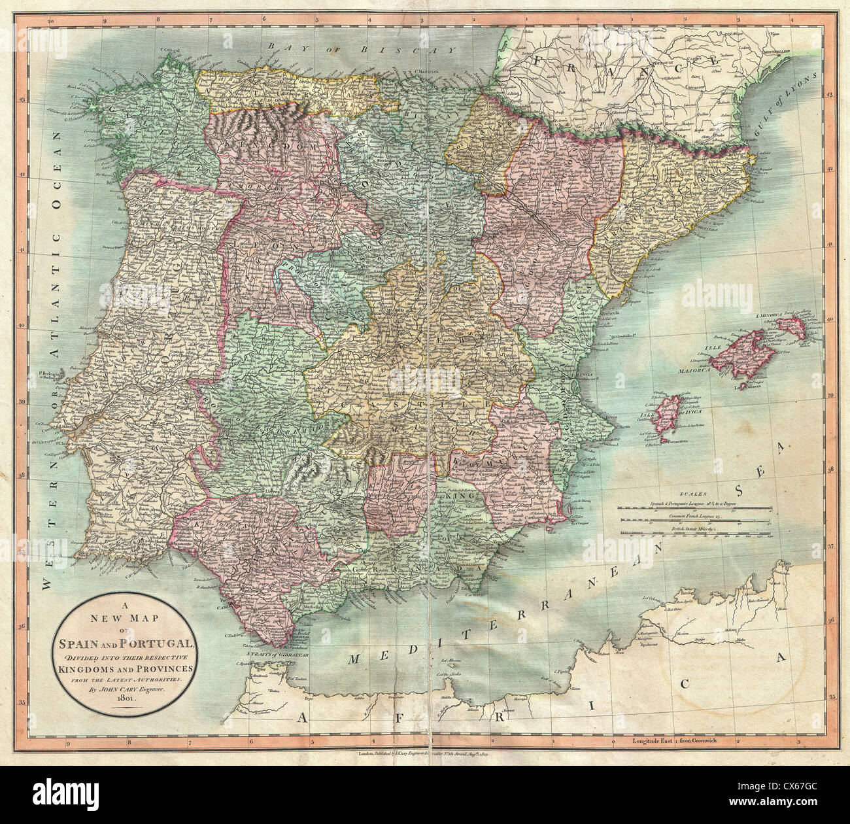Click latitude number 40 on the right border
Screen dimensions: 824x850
[831, 318]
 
